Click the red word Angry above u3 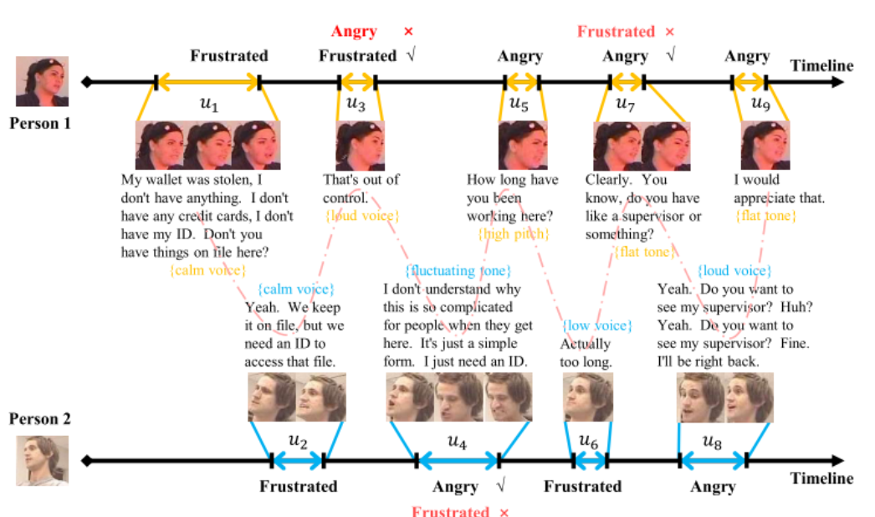point(354,32)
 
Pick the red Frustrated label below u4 point(450,510)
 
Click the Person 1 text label point(40,123)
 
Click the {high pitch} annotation point(514,233)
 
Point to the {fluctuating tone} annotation point(458,271)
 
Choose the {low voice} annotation point(596,325)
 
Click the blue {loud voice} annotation point(734,271)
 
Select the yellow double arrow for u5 point(522,82)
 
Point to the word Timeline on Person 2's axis point(821,479)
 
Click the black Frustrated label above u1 point(229,56)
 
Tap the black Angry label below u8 point(713,486)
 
